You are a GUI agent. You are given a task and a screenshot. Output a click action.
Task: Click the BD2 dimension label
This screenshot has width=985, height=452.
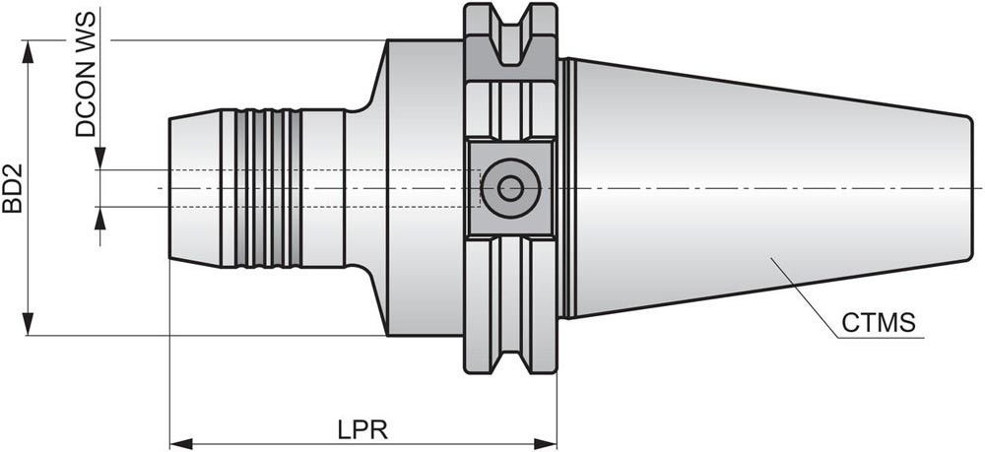pyautogui.click(x=13, y=187)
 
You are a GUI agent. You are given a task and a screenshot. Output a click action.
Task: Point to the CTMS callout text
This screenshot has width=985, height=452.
pyautogui.click(x=880, y=322)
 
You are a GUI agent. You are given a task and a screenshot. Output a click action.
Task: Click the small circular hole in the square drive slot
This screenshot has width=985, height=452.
pyautogui.click(x=510, y=187)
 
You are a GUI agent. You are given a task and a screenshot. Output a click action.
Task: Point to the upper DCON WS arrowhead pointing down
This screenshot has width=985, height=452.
pyautogui.click(x=100, y=159)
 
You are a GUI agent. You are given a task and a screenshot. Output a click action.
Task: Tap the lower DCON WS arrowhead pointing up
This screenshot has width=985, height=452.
pyautogui.click(x=100, y=218)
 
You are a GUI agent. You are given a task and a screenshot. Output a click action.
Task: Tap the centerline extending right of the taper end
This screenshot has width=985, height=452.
pyautogui.click(x=976, y=187)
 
